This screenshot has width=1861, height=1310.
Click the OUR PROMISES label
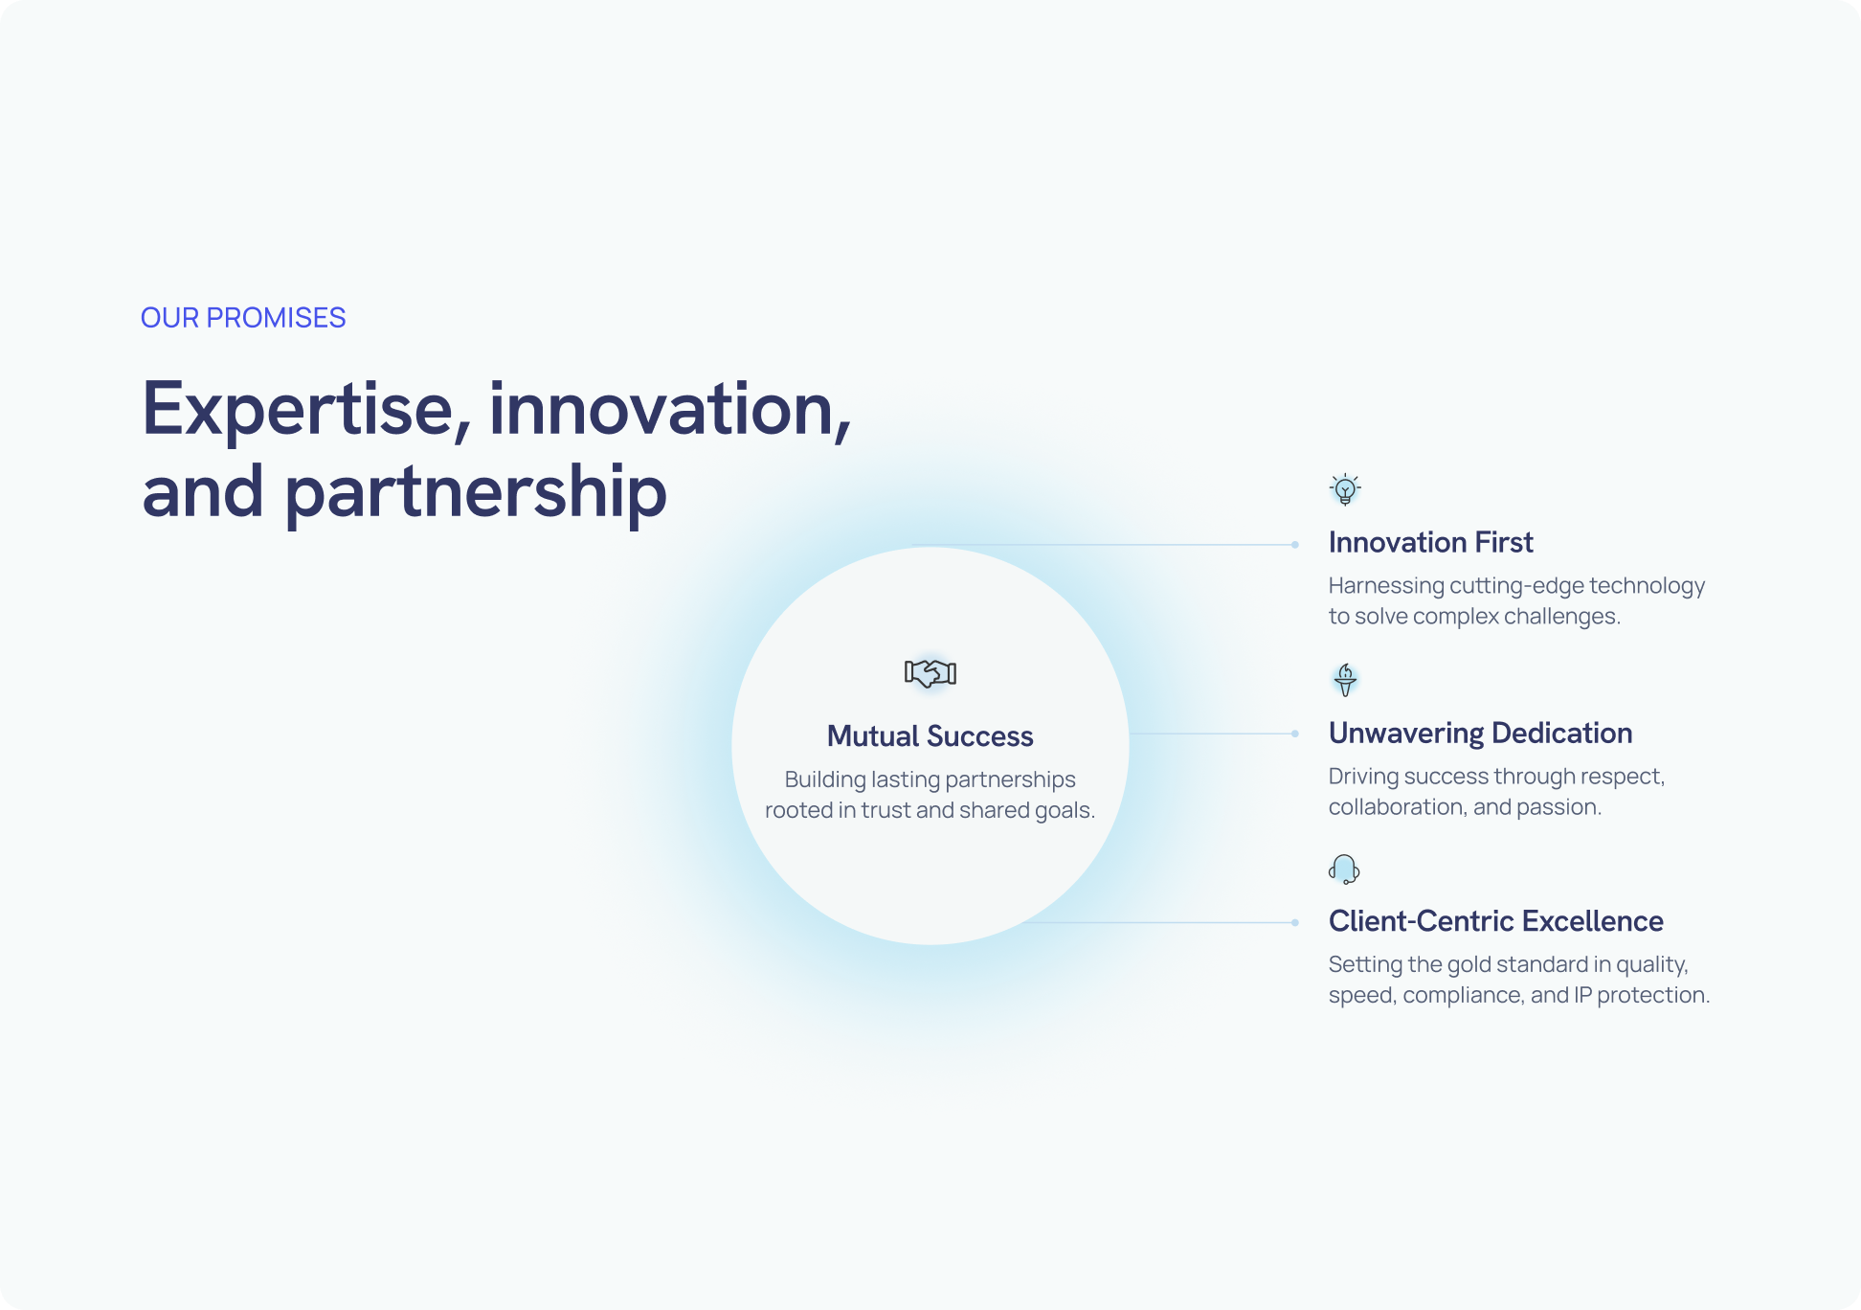(x=243, y=318)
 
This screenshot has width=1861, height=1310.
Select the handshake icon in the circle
(x=930, y=673)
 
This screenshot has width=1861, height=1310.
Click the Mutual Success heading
(x=930, y=735)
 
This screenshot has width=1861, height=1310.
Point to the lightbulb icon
(x=1345, y=489)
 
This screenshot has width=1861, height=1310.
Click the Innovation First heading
(x=1431, y=542)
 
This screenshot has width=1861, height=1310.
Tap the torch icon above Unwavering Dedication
(x=1345, y=680)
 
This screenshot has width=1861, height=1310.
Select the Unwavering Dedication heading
(x=1481, y=733)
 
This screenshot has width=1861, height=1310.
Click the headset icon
(x=1344, y=870)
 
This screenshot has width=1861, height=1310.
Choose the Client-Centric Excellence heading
(x=1496, y=921)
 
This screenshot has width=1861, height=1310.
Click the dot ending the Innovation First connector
(x=1295, y=545)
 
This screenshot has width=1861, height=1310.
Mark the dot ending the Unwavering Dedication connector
(x=1295, y=734)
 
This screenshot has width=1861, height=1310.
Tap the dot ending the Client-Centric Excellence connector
(x=1295, y=923)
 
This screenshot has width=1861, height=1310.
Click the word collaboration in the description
(x=1397, y=807)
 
